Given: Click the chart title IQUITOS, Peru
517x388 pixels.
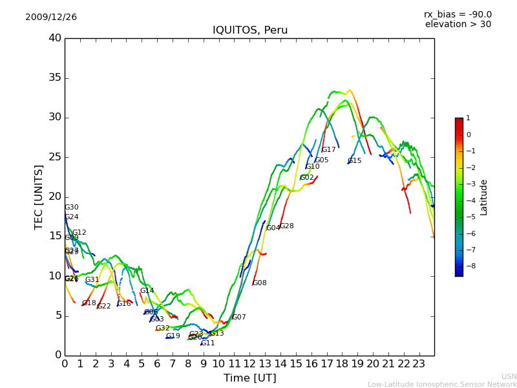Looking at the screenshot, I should (x=250, y=30).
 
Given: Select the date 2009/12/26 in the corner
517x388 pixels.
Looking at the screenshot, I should (x=51, y=17).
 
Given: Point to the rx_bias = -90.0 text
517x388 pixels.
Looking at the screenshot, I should (x=458, y=14).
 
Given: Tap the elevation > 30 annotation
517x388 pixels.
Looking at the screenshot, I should (x=458, y=25).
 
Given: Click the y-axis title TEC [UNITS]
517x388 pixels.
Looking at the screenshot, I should (x=39, y=197).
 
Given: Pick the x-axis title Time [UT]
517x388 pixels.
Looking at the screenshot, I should (x=249, y=378).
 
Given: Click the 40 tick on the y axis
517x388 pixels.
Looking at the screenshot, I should (x=55, y=38).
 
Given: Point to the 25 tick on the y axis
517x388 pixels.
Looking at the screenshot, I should (x=55, y=157).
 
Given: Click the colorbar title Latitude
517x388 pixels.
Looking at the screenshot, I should (x=484, y=197).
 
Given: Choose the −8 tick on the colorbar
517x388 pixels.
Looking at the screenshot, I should (x=469, y=266).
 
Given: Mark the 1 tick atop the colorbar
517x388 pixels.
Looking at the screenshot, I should (x=469, y=118).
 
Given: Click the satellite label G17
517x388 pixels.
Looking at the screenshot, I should (x=329, y=150).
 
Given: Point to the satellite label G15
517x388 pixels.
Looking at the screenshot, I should (x=355, y=161).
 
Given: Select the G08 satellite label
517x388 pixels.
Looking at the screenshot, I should (x=260, y=283).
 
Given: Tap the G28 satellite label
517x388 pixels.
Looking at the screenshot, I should (x=287, y=226).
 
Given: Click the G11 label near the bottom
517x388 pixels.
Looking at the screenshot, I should (x=208, y=343).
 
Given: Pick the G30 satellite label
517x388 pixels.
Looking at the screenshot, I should (x=72, y=208).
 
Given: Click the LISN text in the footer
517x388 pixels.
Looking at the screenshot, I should (x=509, y=376).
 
